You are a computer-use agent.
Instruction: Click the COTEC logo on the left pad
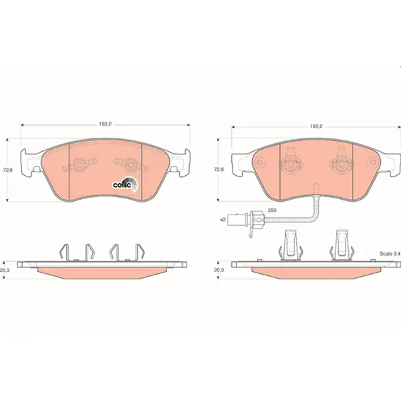pyautogui.click(x=126, y=184)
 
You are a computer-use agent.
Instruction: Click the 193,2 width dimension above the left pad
pyautogui.click(x=106, y=124)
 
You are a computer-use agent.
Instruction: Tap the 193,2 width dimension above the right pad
pyautogui.click(x=316, y=126)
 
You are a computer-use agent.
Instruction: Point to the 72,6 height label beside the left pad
pyautogui.click(x=7, y=170)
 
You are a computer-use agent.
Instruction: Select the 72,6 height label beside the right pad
pyautogui.click(x=219, y=169)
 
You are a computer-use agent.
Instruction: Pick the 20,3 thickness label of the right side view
pyautogui.click(x=219, y=270)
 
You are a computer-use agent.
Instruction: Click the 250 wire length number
pyautogui.click(x=272, y=211)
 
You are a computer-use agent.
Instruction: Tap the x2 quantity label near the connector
pyautogui.click(x=223, y=219)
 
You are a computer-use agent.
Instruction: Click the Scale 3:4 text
pyautogui.click(x=390, y=254)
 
